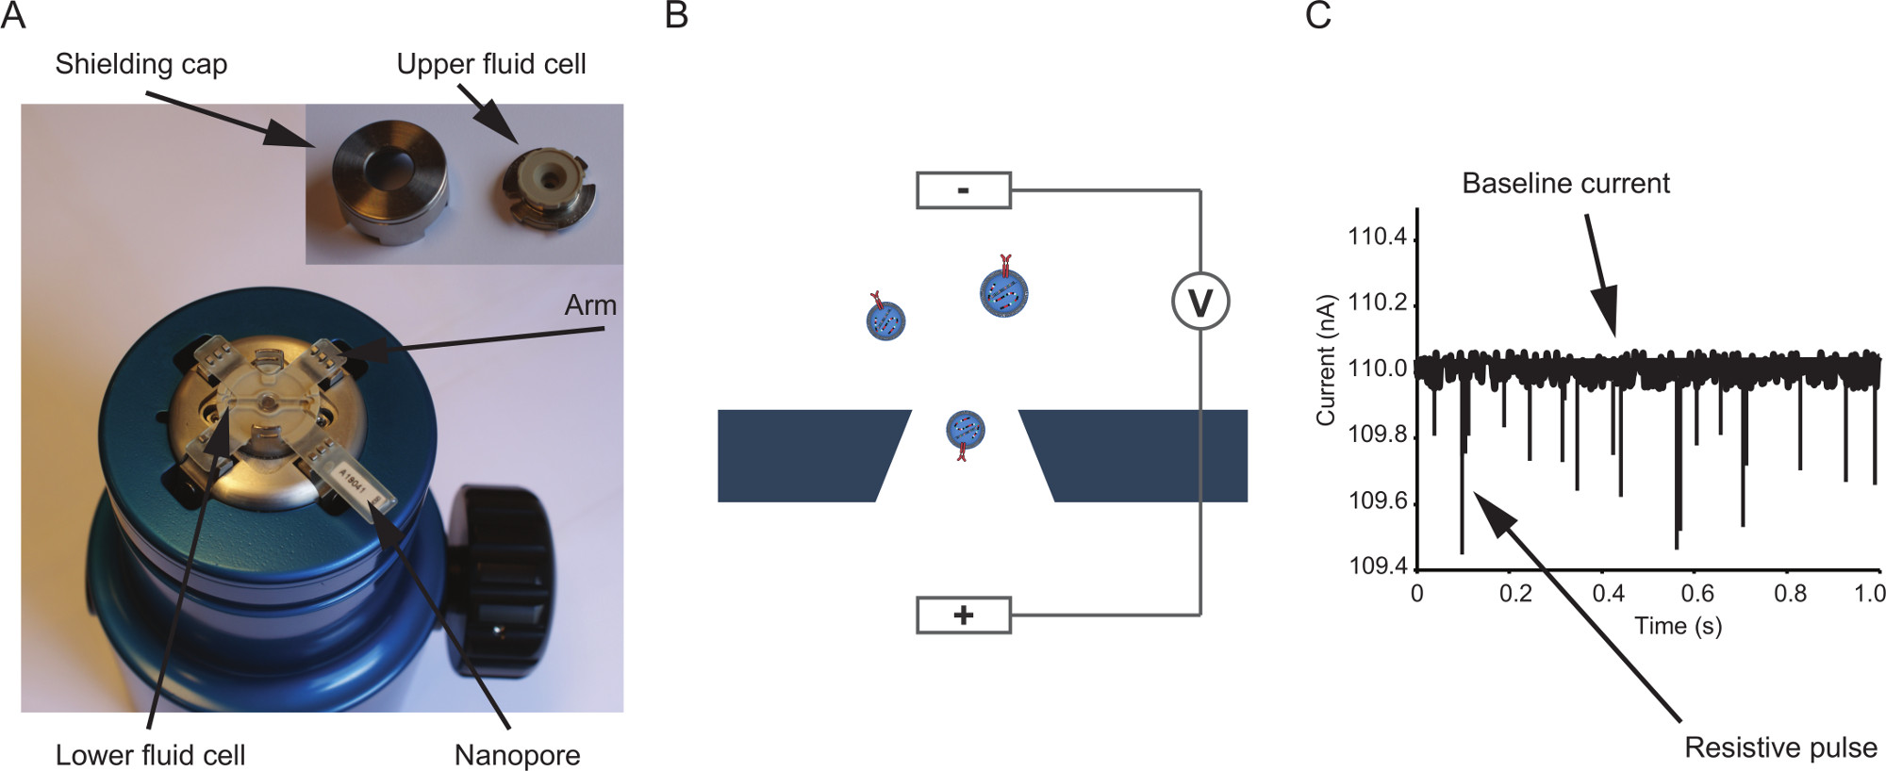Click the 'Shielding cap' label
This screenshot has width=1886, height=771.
pos(141,64)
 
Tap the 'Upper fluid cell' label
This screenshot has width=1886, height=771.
pos(490,64)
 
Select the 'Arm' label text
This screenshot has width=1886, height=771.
pos(590,305)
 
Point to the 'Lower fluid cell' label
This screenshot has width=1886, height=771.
pos(150,755)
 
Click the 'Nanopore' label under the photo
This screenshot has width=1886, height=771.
pos(517,755)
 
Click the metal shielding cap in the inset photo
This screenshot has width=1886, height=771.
pos(387,185)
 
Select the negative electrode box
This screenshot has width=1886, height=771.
pos(963,190)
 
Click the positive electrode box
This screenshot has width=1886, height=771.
pos(963,615)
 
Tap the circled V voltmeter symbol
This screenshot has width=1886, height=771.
pos(1199,302)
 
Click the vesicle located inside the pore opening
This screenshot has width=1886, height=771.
pos(965,430)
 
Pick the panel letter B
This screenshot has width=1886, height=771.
pos(676,16)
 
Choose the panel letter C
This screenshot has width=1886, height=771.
pos(1317,16)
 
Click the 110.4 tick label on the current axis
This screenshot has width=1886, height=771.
pos(1377,236)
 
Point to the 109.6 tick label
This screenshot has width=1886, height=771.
pos(1377,500)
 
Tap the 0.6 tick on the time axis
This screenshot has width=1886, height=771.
pos(1697,594)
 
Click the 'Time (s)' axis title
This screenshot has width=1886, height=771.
pos(1678,626)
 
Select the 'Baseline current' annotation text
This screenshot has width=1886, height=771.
pos(1565,183)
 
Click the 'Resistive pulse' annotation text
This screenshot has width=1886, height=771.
pos(1780,747)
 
